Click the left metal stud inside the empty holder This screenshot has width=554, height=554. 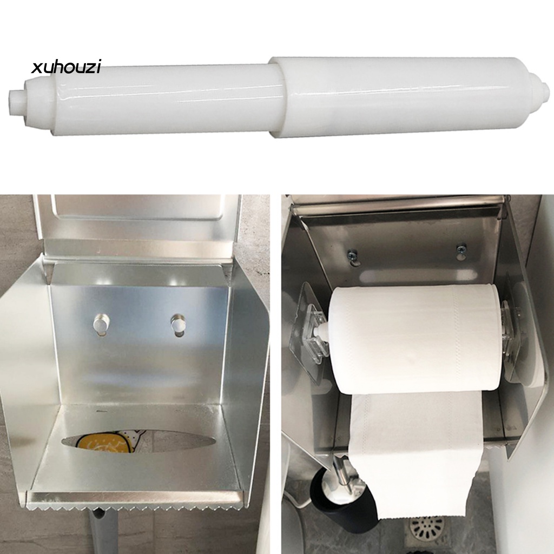pyautogui.click(x=100, y=324)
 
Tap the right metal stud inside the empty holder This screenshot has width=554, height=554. pyautogui.click(x=177, y=324)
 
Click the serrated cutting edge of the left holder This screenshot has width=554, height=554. pyautogui.click(x=135, y=506)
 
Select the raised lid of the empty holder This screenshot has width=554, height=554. pyautogui.click(x=138, y=222)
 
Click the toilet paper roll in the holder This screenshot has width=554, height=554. pyautogui.click(x=417, y=338)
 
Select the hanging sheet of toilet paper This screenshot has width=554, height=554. pyautogui.click(x=417, y=454)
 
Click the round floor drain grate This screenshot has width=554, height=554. pyautogui.click(x=427, y=527)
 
